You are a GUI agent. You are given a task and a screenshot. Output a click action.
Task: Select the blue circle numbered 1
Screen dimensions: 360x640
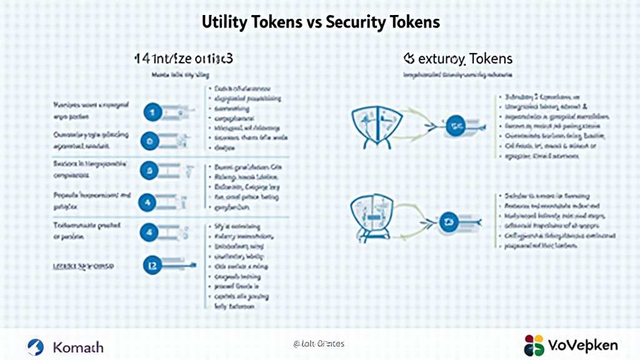click(150, 112)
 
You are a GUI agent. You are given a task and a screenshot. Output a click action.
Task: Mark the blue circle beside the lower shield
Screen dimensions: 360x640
click(448, 220)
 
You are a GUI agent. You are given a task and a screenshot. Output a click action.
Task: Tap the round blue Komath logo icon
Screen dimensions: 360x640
click(36, 346)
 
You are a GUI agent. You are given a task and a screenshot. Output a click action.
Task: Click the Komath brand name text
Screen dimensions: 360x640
click(79, 346)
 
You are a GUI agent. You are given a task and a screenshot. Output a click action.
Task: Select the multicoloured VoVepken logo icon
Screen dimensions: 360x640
click(534, 345)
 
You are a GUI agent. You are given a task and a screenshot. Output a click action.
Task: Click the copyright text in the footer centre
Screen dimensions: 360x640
click(319, 344)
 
